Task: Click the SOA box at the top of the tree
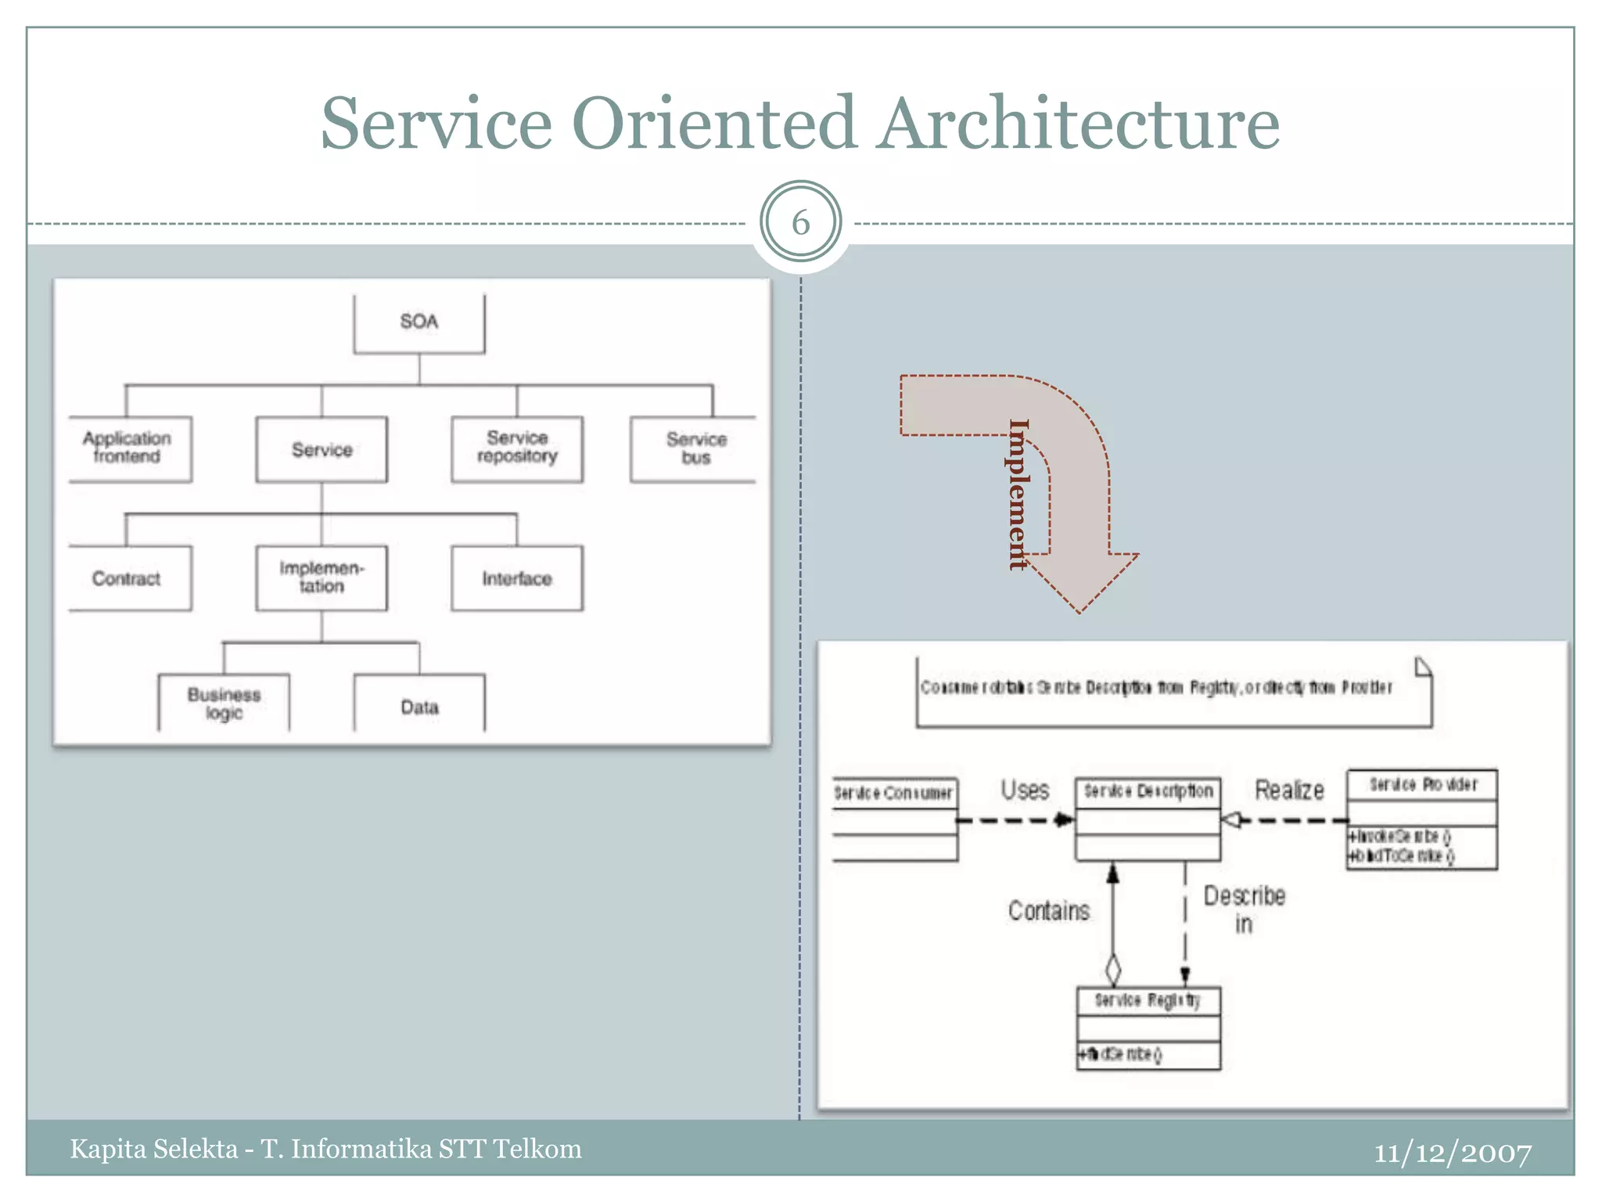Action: coord(418,323)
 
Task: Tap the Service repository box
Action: coord(517,448)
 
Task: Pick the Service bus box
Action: coord(695,449)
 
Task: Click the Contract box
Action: coord(128,578)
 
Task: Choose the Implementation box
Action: coord(321,578)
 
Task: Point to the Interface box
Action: coord(517,578)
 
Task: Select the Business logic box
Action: coord(224,703)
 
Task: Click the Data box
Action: coord(419,706)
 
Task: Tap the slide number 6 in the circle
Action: coord(800,223)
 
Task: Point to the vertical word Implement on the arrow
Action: coord(1018,495)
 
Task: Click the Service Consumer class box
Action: coord(894,819)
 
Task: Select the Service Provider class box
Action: coord(1421,819)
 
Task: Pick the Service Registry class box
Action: coord(1148,1027)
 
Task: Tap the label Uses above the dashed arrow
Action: coord(1025,790)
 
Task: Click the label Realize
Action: coord(1289,790)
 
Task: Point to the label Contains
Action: coord(1048,911)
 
